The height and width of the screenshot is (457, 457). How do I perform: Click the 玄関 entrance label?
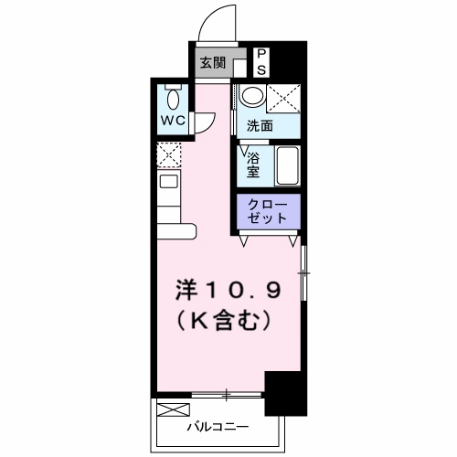pos(213,63)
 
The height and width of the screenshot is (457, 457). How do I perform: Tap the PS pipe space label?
pos(261,62)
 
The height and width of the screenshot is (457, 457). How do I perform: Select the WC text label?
pos(173,121)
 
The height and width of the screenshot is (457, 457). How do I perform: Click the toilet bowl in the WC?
pos(173,98)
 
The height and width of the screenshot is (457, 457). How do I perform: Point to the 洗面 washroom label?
pos(260,125)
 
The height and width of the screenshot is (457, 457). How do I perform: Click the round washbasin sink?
pos(252,95)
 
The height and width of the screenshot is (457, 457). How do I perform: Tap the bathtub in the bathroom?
pos(287,165)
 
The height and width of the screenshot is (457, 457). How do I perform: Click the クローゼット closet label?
pos(267,211)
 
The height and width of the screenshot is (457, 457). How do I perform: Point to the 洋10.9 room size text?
pos(228,291)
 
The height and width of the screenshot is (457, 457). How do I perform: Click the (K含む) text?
pos(224,322)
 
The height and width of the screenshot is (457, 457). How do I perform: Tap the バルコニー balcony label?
pos(218,427)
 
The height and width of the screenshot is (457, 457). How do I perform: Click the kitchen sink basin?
pos(169,182)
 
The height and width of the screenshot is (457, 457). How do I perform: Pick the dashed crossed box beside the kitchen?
pos(169,155)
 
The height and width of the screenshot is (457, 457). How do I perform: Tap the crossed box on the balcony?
pos(174,409)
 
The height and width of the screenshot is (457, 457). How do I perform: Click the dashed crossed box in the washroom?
pos(283,99)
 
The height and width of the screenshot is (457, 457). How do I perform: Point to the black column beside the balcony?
pos(286,393)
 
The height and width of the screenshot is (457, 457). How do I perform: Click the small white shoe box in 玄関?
pos(239,68)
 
